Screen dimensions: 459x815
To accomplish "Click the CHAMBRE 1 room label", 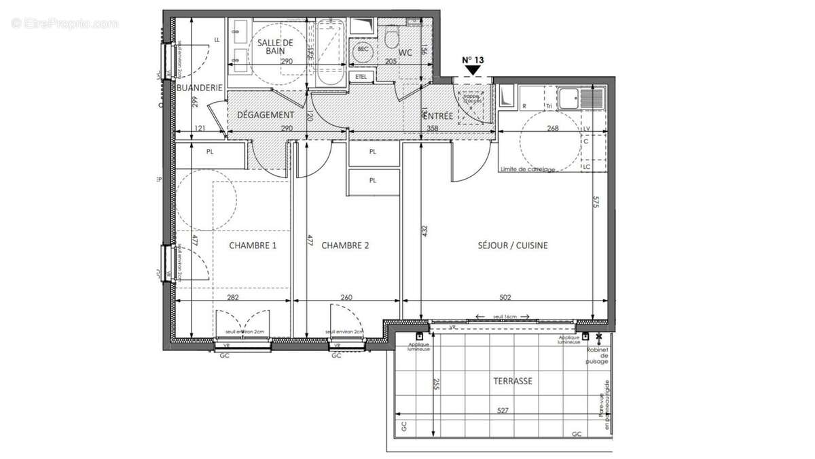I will point(252,245).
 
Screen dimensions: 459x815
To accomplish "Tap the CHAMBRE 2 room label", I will point(345,245).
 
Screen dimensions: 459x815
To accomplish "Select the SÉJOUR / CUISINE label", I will point(513,245).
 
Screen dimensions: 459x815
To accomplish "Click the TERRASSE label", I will point(513,381).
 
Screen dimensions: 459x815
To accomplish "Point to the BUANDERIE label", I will point(200,88).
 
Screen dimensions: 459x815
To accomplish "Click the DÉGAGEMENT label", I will point(266,115).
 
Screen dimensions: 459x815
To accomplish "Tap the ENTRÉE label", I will point(436,116).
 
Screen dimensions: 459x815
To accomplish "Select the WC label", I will point(405,52).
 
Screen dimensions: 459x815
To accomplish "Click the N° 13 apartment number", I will point(473,60).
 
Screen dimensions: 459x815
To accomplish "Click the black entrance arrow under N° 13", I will point(473,69).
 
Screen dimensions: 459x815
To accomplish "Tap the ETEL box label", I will point(361,77).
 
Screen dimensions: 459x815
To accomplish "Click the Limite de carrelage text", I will point(527,169).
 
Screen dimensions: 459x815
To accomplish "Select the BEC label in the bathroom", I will point(363,50).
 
